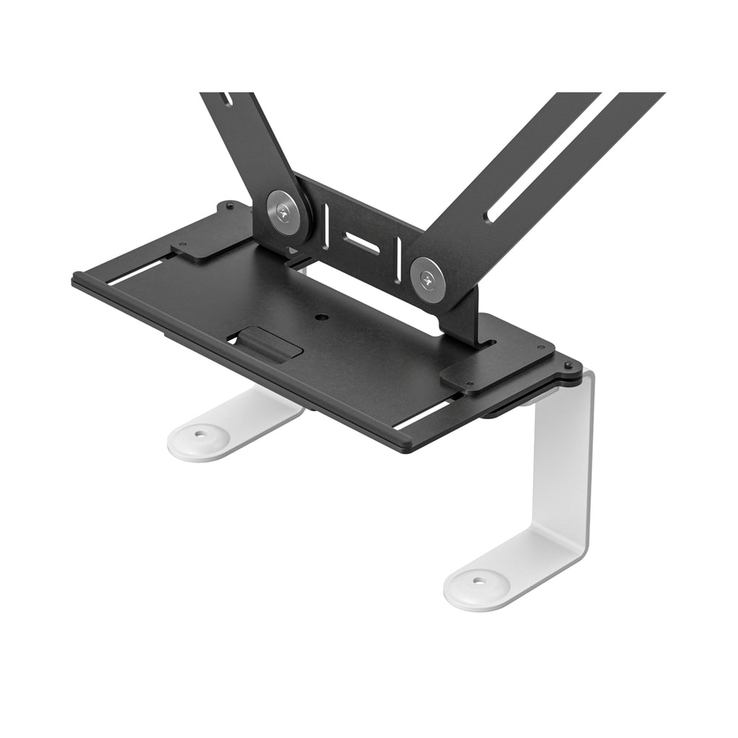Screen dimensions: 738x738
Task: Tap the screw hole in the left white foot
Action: [x=197, y=435]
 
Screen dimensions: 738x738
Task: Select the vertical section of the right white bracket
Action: [x=568, y=458]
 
